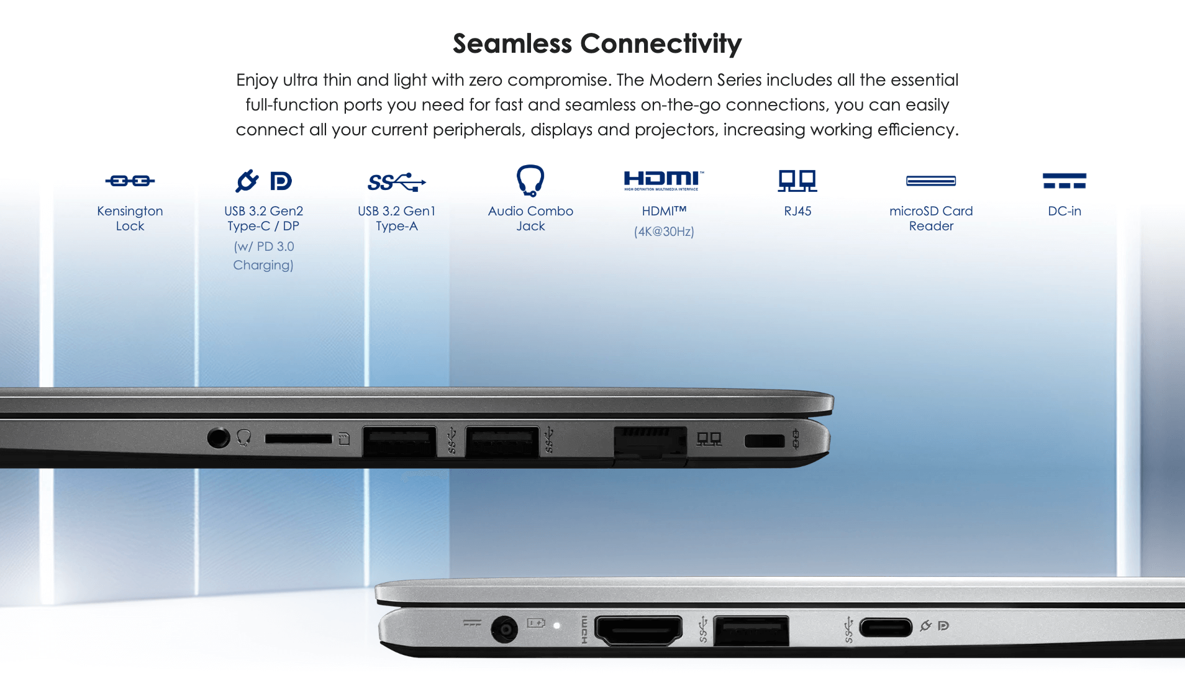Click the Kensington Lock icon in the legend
[x=130, y=181]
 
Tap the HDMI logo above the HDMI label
[x=663, y=180]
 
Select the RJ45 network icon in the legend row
[x=797, y=181]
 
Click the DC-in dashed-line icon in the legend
[x=1065, y=181]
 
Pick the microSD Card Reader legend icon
[x=931, y=181]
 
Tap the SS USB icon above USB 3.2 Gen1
[x=396, y=182]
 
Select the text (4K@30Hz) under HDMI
[x=664, y=232]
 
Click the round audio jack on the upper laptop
[x=218, y=438]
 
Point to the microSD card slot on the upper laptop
[x=299, y=439]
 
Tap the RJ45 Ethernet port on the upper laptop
[x=650, y=442]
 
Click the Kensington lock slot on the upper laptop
[x=765, y=441]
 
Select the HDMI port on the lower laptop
[x=638, y=630]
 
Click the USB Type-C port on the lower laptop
[x=886, y=628]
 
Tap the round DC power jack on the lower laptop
[x=504, y=629]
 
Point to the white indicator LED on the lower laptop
[x=557, y=626]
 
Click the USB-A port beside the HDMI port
[x=751, y=631]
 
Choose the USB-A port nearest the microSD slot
[x=399, y=441]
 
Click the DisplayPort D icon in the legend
[x=281, y=181]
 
